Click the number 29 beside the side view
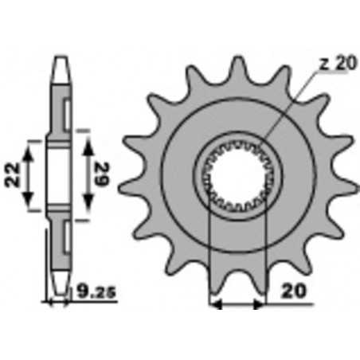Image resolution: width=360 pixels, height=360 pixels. pos(101,171)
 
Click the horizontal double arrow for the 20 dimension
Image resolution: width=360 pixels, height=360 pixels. pos(236,303)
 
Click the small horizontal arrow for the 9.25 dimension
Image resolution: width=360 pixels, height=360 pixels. pos(59,303)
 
